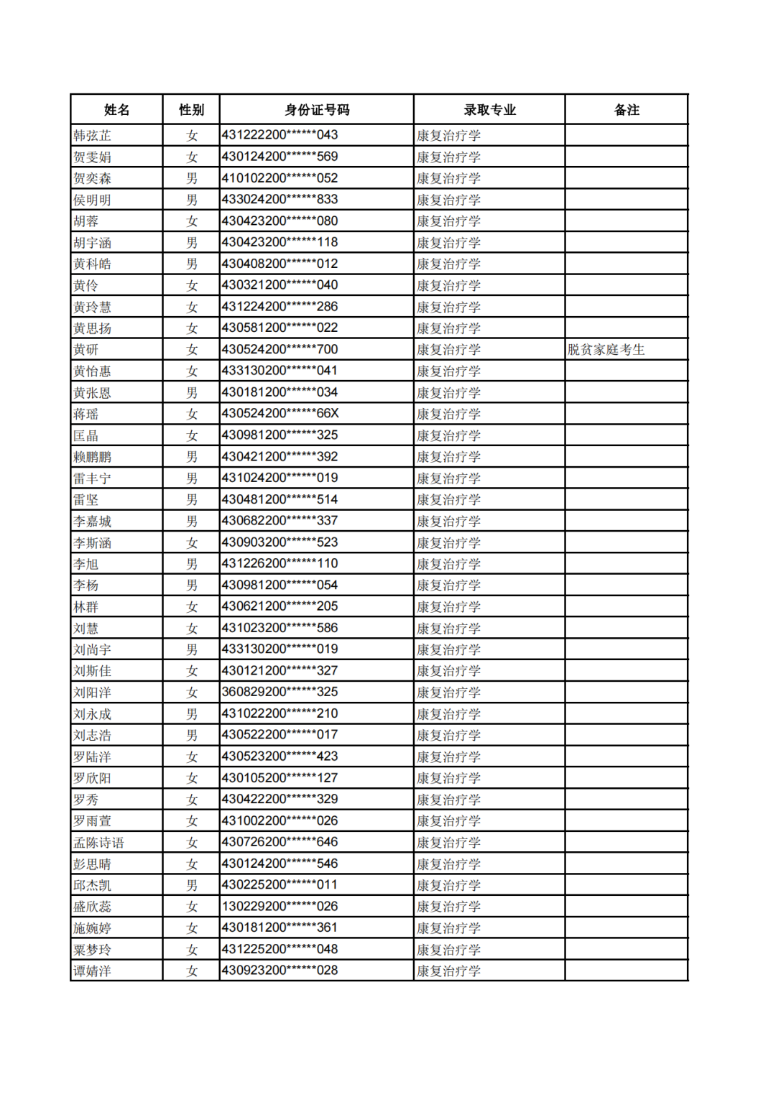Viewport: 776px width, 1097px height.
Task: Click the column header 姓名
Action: (x=116, y=110)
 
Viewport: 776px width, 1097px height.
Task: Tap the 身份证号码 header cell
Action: (x=316, y=110)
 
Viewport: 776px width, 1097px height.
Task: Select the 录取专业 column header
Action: (x=489, y=110)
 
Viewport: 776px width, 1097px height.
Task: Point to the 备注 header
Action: (x=626, y=110)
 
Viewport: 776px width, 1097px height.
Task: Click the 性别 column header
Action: (x=191, y=110)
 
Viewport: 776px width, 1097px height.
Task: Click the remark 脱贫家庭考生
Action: (x=606, y=350)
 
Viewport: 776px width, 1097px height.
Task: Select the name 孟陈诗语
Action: (x=98, y=843)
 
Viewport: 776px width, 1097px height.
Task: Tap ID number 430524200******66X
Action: (x=280, y=414)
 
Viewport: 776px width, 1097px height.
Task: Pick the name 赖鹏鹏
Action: (x=92, y=457)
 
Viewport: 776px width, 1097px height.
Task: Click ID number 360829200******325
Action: (x=280, y=692)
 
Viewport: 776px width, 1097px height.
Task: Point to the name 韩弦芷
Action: (x=92, y=136)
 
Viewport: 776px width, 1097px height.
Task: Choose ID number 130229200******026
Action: (x=280, y=907)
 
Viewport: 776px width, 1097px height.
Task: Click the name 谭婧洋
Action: (x=92, y=971)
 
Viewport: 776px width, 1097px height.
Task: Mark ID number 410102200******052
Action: (x=280, y=178)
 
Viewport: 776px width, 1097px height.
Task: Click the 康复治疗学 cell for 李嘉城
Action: (x=448, y=522)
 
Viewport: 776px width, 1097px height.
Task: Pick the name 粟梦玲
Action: (x=92, y=950)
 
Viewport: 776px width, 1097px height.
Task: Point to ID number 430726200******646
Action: (x=280, y=842)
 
